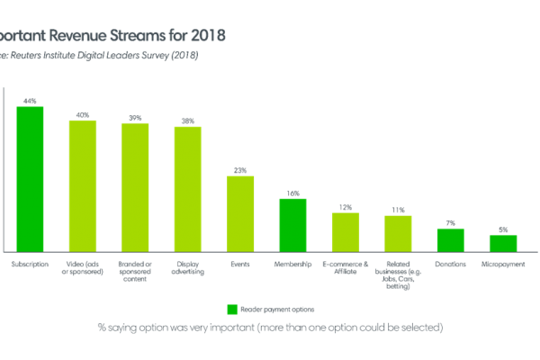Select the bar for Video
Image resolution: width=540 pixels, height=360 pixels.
(83, 185)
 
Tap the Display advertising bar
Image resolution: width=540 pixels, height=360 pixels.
(188, 188)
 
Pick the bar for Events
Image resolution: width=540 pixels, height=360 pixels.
(240, 213)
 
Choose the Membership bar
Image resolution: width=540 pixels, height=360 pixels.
(292, 224)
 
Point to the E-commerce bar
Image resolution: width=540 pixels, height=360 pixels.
(346, 232)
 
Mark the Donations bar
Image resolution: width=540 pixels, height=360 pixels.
(450, 239)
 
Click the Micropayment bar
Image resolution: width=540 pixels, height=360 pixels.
(503, 243)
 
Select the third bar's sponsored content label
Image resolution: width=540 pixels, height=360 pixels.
(135, 270)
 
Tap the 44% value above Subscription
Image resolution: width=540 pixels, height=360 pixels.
(30, 101)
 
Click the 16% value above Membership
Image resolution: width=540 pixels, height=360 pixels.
(292, 193)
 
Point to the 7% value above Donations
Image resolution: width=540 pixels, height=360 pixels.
(450, 222)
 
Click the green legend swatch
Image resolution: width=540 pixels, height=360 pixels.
(231, 310)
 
